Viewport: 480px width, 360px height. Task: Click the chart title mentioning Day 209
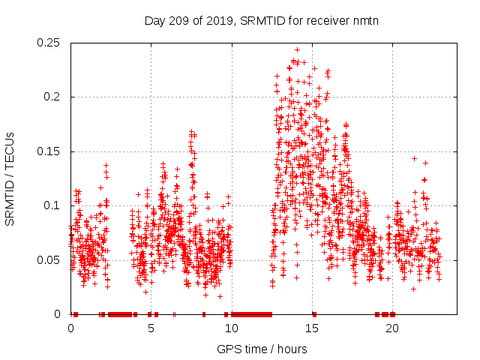261,20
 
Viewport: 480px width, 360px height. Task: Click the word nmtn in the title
365,20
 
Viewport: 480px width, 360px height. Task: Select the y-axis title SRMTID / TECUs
10,178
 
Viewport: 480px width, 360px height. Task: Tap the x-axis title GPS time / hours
261,349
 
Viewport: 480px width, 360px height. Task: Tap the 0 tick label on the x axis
71,328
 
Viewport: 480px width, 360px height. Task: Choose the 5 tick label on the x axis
151,328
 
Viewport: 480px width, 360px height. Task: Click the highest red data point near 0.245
297,50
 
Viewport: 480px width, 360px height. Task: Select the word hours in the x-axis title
289,349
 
